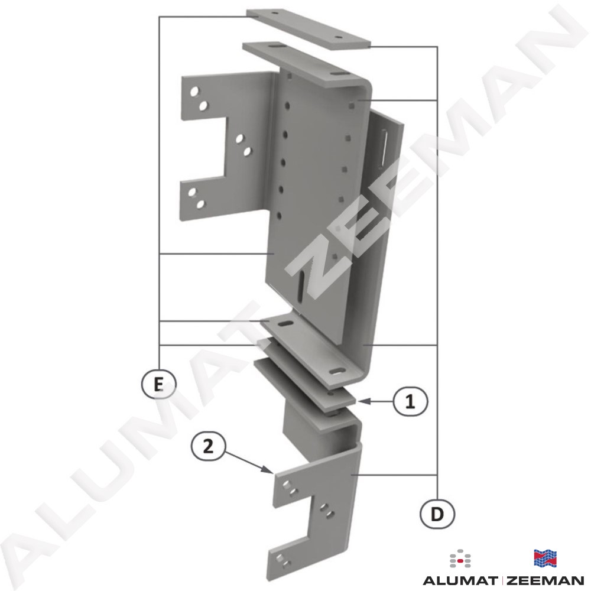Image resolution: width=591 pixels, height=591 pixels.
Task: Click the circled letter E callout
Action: point(158,385)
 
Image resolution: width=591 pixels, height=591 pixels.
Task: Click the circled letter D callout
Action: point(437,514)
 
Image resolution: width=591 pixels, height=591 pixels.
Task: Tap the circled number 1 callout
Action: point(410,402)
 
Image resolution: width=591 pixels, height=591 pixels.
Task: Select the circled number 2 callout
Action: point(209,447)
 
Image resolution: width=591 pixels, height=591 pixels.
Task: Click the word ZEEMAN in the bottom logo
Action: point(545,580)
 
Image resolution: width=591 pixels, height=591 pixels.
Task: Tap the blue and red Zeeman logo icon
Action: point(545,558)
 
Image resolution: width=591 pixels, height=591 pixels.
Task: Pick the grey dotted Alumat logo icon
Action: point(460,558)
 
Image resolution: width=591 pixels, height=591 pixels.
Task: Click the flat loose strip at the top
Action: point(309,29)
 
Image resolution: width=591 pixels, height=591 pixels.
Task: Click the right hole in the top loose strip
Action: point(337,38)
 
